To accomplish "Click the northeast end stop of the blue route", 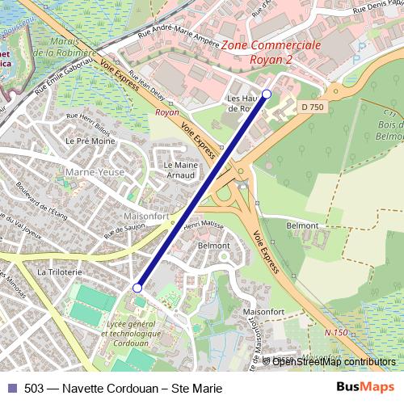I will [x=267, y=94].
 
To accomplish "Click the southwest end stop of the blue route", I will [x=137, y=288].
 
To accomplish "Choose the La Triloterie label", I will [x=60, y=273].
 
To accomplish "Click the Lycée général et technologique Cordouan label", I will [x=133, y=332].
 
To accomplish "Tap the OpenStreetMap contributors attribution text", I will [x=334, y=361].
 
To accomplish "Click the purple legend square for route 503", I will [x=12, y=388].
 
